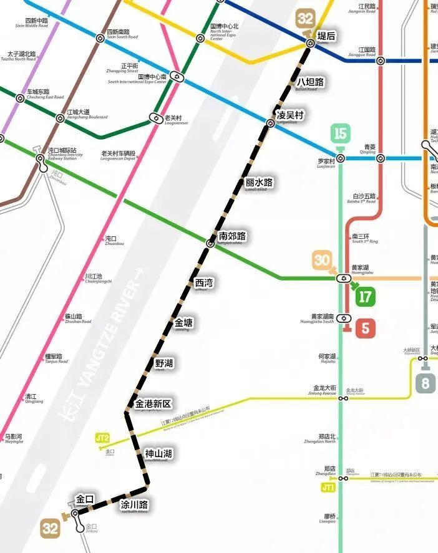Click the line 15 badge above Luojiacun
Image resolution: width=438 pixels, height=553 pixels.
[x=340, y=133]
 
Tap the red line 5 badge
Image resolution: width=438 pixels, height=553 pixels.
[x=364, y=328]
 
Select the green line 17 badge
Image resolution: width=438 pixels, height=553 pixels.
[x=365, y=296]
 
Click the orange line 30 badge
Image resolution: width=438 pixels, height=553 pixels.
[x=322, y=260]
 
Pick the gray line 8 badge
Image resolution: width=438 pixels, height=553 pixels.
[x=425, y=382]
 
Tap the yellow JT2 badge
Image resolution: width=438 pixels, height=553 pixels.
[x=103, y=438]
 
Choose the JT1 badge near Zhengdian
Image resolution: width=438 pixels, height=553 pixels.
[x=328, y=487]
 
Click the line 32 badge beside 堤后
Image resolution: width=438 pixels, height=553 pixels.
[x=306, y=19]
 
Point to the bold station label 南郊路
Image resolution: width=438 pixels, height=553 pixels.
[x=232, y=236]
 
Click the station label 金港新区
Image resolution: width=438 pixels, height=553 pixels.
[x=153, y=403]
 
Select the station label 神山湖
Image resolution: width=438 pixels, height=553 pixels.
[x=158, y=453]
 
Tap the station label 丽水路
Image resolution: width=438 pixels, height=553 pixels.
[x=259, y=183]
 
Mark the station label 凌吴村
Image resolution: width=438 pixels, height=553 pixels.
[x=290, y=115]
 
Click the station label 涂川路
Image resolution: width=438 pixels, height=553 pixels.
[x=135, y=504]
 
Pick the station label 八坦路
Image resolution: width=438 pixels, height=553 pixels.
[x=310, y=82]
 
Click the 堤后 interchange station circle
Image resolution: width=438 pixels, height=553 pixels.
[x=310, y=42]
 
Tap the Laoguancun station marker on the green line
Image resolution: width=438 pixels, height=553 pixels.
[x=156, y=117]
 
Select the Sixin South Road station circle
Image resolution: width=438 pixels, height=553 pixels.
[x=100, y=38]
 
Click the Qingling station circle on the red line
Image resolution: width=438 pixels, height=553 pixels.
[x=380, y=158]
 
